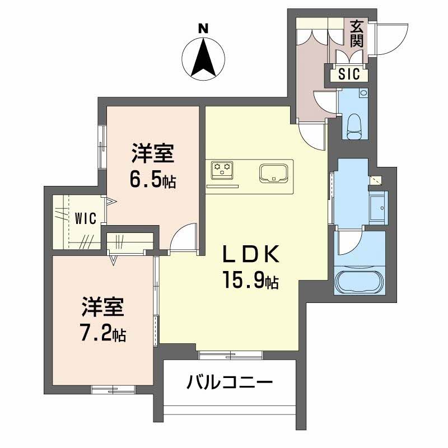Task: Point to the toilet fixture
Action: tap(354, 126)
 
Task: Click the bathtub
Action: tap(359, 281)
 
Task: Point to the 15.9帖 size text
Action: tap(250, 281)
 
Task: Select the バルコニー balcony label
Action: tap(229, 384)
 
